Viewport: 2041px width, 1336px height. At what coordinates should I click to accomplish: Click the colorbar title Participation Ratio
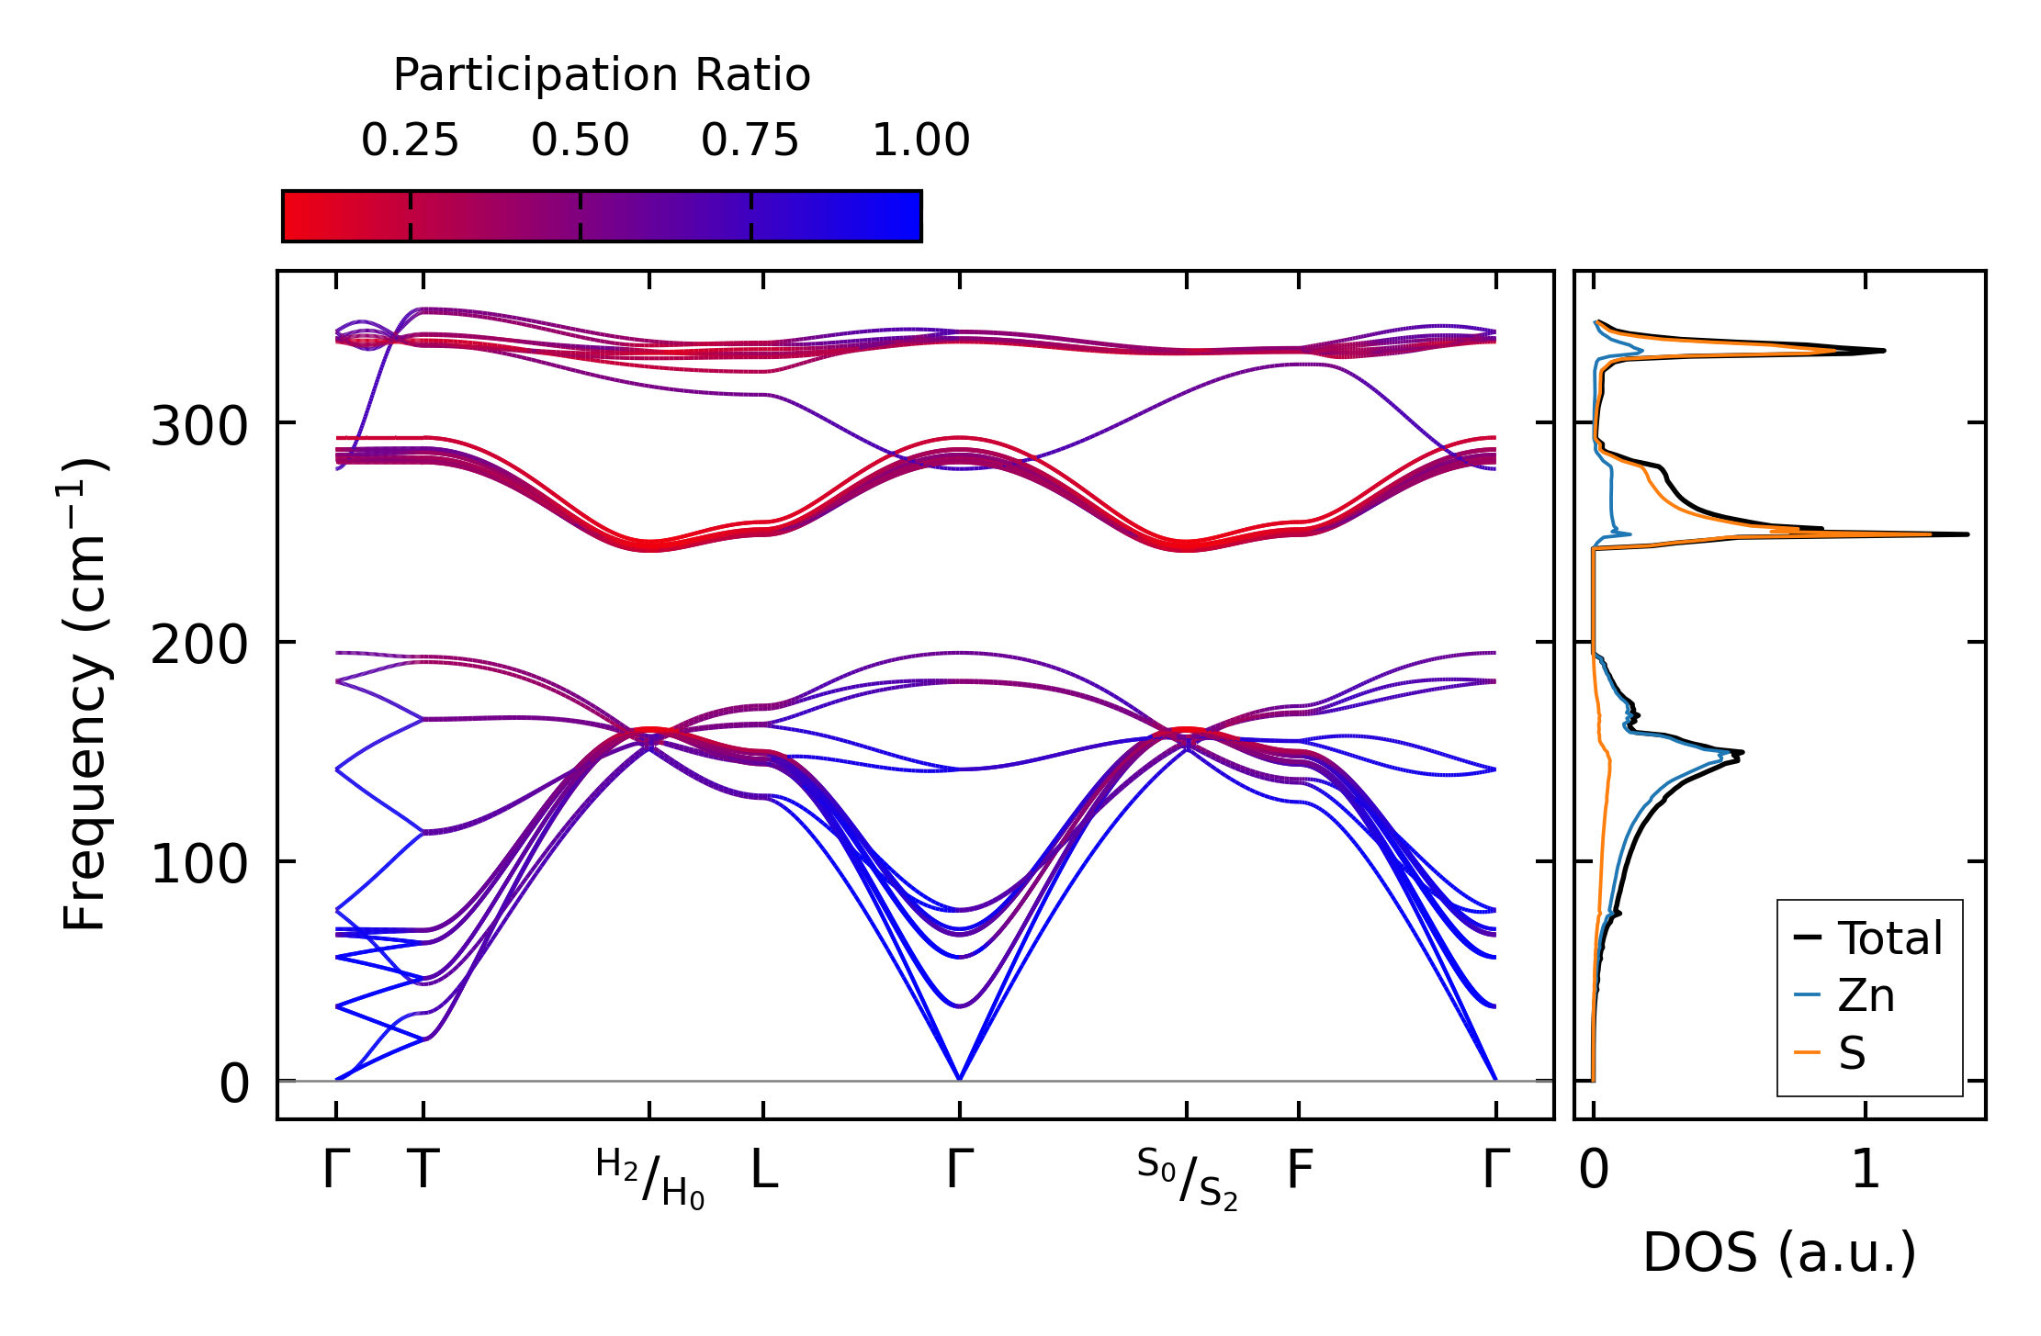click(x=602, y=75)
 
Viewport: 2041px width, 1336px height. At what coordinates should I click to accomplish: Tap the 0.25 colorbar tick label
click(x=410, y=140)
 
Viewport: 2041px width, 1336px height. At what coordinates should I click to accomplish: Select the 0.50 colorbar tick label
click(x=580, y=140)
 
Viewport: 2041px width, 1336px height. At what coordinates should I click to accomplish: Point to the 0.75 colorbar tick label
click(x=750, y=140)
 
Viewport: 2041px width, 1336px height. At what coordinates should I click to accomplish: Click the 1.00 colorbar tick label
click(x=920, y=140)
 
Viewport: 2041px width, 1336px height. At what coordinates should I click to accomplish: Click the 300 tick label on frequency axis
click(x=199, y=427)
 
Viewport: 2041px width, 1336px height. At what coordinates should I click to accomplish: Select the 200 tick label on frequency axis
click(x=199, y=646)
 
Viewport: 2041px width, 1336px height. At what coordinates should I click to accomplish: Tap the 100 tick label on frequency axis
click(x=199, y=865)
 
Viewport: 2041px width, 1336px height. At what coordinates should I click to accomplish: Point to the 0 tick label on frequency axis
click(x=234, y=1084)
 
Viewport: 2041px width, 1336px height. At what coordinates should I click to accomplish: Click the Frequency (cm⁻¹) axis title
click(x=85, y=694)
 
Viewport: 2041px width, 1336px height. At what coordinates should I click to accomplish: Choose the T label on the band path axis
click(x=423, y=1171)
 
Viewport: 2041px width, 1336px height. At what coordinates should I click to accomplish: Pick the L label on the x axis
click(x=764, y=1171)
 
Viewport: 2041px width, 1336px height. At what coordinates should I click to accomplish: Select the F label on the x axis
click(x=1299, y=1171)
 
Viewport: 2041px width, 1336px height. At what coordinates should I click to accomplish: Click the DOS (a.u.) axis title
click(x=1779, y=1252)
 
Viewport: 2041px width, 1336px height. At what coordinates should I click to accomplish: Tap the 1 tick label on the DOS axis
click(x=1866, y=1171)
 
